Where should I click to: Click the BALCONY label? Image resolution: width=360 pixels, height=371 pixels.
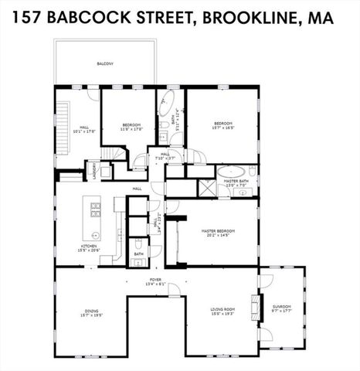(104, 64)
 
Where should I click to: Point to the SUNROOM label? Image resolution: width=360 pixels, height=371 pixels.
(282, 307)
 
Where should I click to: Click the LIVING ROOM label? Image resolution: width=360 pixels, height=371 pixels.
(222, 310)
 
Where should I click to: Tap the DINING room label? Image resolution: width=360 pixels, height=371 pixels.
(91, 311)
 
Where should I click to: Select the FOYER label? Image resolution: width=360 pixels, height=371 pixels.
(155, 280)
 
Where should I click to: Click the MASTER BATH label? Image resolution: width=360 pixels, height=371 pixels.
(236, 181)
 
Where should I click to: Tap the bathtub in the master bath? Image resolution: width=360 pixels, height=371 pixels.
(231, 171)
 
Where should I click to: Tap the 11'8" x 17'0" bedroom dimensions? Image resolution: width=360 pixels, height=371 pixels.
(128, 128)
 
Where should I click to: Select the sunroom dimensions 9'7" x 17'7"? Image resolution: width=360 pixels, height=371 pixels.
(282, 311)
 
